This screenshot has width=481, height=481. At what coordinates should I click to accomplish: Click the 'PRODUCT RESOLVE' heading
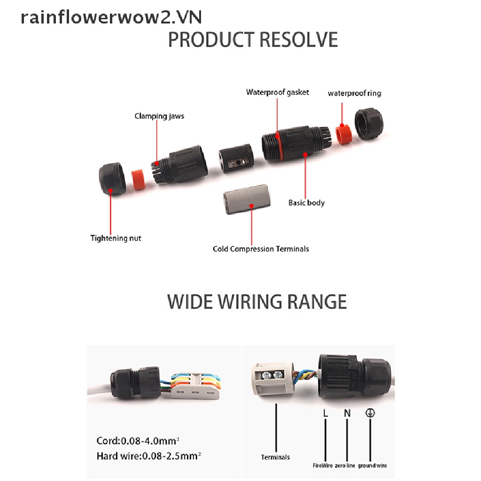coord(253,40)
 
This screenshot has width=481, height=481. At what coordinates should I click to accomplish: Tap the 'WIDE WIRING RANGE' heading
coord(257,301)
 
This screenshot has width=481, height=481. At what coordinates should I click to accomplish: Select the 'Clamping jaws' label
coord(159,116)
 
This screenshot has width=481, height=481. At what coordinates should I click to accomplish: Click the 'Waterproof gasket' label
coord(277,92)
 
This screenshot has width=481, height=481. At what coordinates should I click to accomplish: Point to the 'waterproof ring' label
coord(354,93)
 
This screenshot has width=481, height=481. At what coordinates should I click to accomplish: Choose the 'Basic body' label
coord(306,203)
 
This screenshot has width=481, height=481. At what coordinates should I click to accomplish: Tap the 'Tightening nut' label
coord(116,238)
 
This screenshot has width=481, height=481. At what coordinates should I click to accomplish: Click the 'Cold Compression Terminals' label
coord(261,248)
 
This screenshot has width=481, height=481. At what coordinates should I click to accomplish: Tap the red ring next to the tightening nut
coord(137,179)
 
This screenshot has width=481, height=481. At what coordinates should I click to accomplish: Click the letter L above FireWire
coord(325,413)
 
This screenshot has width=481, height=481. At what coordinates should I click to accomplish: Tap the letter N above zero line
coord(347,413)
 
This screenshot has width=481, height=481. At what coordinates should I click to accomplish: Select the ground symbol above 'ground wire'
coord(370,413)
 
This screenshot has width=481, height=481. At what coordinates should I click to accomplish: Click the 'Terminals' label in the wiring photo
coord(275,457)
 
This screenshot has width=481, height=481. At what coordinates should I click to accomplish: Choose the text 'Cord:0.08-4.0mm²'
coord(137,441)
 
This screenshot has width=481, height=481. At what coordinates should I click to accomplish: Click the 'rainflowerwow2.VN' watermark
coord(111,17)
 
